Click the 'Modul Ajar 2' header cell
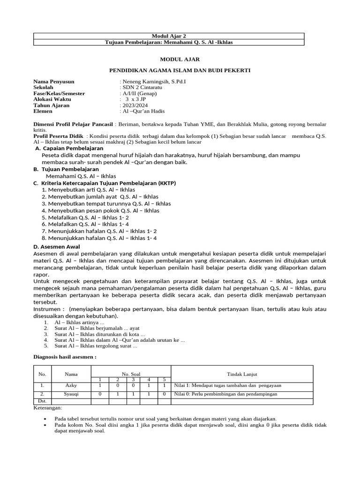(168, 36)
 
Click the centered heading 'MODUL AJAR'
(180, 60)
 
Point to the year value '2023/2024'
(135, 105)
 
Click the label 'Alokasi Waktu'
(52, 99)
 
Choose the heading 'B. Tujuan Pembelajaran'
(66, 169)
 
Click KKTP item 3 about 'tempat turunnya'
(106, 204)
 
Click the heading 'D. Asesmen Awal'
(57, 247)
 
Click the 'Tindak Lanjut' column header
(242, 374)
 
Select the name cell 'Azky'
(71, 385)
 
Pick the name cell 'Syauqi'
(71, 394)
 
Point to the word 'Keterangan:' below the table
(48, 408)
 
